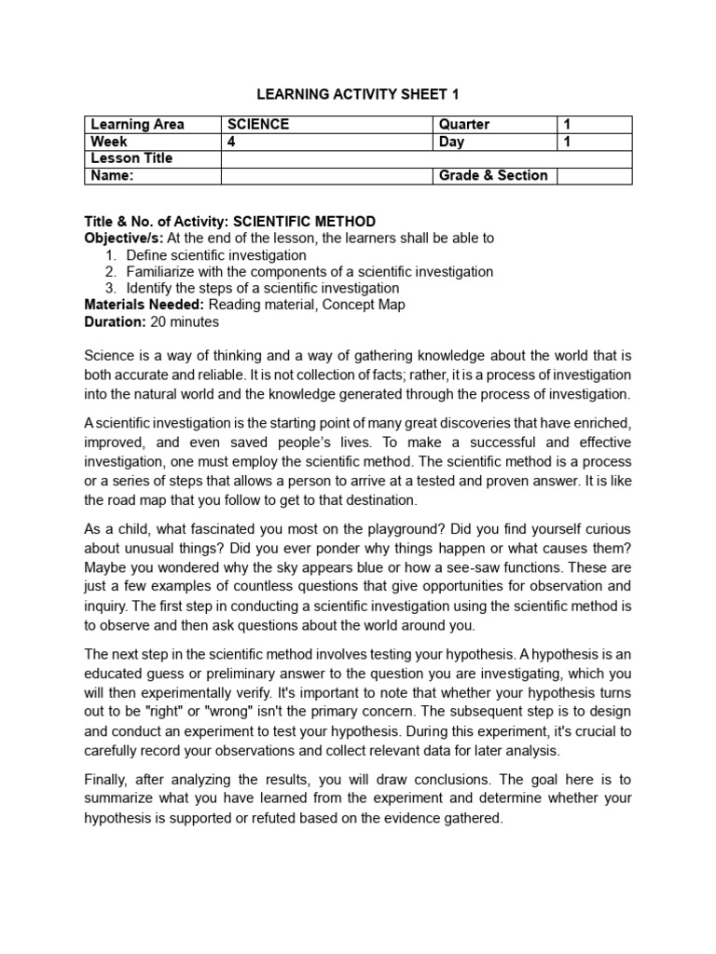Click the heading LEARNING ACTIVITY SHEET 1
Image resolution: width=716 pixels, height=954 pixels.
pos(358,94)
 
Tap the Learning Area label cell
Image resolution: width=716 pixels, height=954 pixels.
pos(137,125)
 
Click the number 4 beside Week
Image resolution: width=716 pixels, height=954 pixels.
pos(232,142)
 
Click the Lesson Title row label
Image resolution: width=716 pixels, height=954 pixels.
pos(131,158)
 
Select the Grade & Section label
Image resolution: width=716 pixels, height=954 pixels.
pos(493,175)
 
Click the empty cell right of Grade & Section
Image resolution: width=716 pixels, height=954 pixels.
pos(594,175)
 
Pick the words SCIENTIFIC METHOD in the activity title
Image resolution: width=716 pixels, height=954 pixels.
pos(304,222)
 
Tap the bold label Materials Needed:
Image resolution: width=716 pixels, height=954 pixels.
pos(145,305)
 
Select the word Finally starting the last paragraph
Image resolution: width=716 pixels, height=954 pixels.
pos(110,779)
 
